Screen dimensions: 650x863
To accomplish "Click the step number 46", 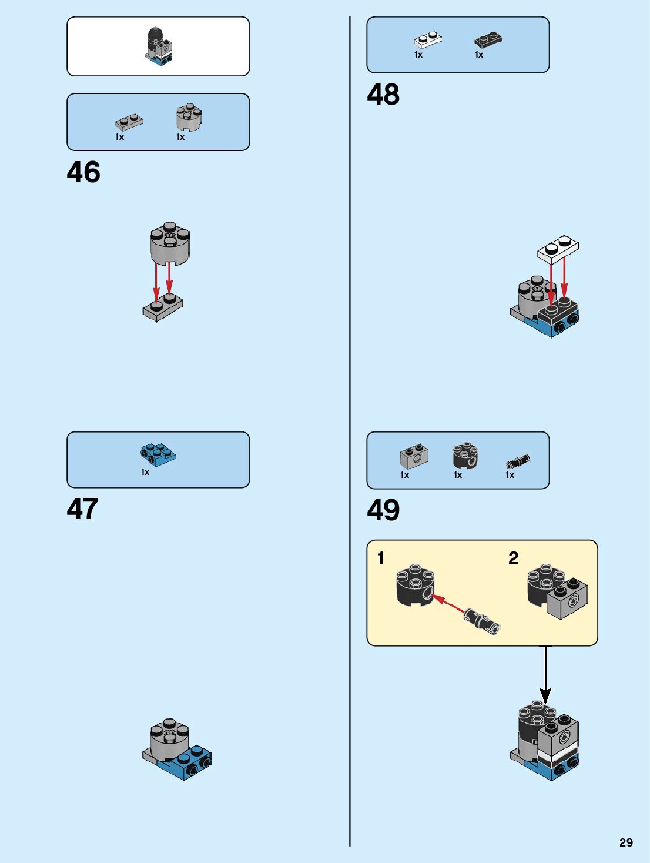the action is [x=83, y=172].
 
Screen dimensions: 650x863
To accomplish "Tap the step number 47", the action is [x=82, y=509].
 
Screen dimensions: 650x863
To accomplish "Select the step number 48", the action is [x=383, y=95].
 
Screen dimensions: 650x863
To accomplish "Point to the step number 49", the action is [x=383, y=510].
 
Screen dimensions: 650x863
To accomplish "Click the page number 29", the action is [x=626, y=842].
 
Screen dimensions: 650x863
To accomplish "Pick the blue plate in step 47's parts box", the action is [x=158, y=454].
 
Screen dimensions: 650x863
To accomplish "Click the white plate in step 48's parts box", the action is [x=427, y=39].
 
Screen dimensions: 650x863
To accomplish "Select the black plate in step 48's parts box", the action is [x=488, y=39].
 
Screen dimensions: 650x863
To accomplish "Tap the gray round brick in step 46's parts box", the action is [x=189, y=118].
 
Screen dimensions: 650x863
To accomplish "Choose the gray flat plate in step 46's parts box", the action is [x=129, y=122].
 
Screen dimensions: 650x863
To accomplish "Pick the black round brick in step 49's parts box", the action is [x=465, y=456].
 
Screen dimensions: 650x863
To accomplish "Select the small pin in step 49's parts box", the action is [x=517, y=461].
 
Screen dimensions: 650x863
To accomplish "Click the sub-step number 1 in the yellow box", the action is [x=381, y=558].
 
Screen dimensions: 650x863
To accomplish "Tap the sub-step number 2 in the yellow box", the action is [x=513, y=558].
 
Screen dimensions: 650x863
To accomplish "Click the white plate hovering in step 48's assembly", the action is [x=558, y=248].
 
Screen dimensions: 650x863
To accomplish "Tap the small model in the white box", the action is [x=159, y=46].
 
